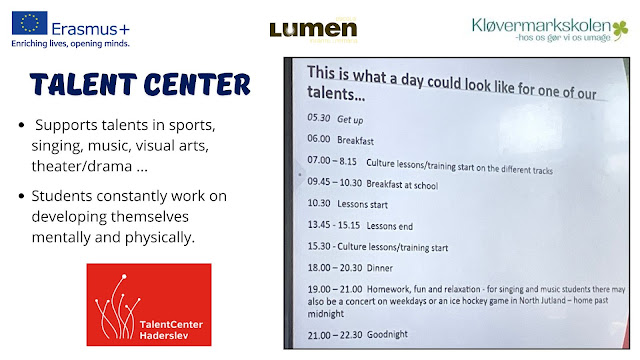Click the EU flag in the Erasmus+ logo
click(x=29, y=22)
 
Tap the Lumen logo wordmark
click(x=313, y=29)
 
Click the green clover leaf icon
click(x=620, y=30)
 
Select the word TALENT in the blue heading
click(x=83, y=84)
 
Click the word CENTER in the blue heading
click(x=197, y=84)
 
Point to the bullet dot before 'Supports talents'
click(x=22, y=125)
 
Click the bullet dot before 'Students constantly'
click(x=22, y=196)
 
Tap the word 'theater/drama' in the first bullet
click(x=82, y=166)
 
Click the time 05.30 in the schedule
click(x=318, y=118)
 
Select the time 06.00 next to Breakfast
click(x=319, y=139)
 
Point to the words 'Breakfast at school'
click(x=402, y=185)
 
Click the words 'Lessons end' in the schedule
click(x=389, y=226)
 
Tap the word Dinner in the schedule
click(x=380, y=268)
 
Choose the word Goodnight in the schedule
click(x=387, y=334)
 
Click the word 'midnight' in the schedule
click(x=326, y=314)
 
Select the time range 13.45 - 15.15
click(x=333, y=225)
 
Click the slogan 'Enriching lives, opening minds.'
click(x=70, y=43)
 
